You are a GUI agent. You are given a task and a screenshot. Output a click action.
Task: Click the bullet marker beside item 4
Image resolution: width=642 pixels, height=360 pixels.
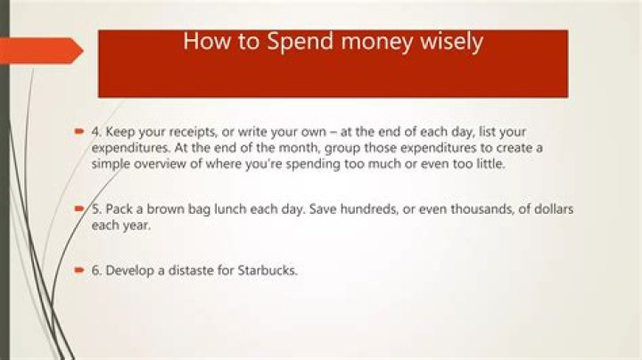click(x=79, y=131)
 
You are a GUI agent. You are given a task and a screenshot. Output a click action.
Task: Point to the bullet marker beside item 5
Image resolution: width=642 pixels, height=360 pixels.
click(x=79, y=207)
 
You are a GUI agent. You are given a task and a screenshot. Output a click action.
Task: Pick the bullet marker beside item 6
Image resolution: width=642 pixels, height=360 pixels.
click(x=79, y=268)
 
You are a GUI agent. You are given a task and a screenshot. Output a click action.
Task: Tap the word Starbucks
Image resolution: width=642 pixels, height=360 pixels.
click(x=264, y=269)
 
